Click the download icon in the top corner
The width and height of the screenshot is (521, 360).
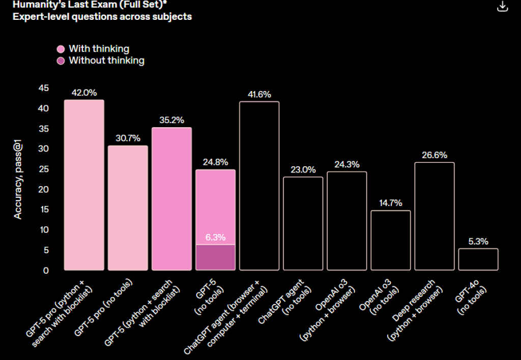pos(502,6)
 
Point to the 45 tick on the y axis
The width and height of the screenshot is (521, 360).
pos(44,88)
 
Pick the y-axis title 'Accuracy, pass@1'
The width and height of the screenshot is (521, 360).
pos(18,179)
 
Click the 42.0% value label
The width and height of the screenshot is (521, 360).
pos(84,93)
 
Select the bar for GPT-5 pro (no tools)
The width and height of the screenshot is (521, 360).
pos(128,208)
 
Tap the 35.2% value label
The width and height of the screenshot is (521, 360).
pos(171,121)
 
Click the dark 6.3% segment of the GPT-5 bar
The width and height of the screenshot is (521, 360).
pos(216,257)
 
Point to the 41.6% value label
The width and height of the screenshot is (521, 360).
pos(259,95)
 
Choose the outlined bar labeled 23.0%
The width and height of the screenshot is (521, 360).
pos(303,223)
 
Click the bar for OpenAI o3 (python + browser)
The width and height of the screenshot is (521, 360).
pos(347,221)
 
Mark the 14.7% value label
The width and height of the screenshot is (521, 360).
pos(391,203)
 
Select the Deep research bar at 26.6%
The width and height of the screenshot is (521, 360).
pos(435,216)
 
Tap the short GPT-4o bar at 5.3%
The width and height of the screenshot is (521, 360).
pos(478,259)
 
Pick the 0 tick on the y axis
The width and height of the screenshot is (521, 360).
pos(46,271)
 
